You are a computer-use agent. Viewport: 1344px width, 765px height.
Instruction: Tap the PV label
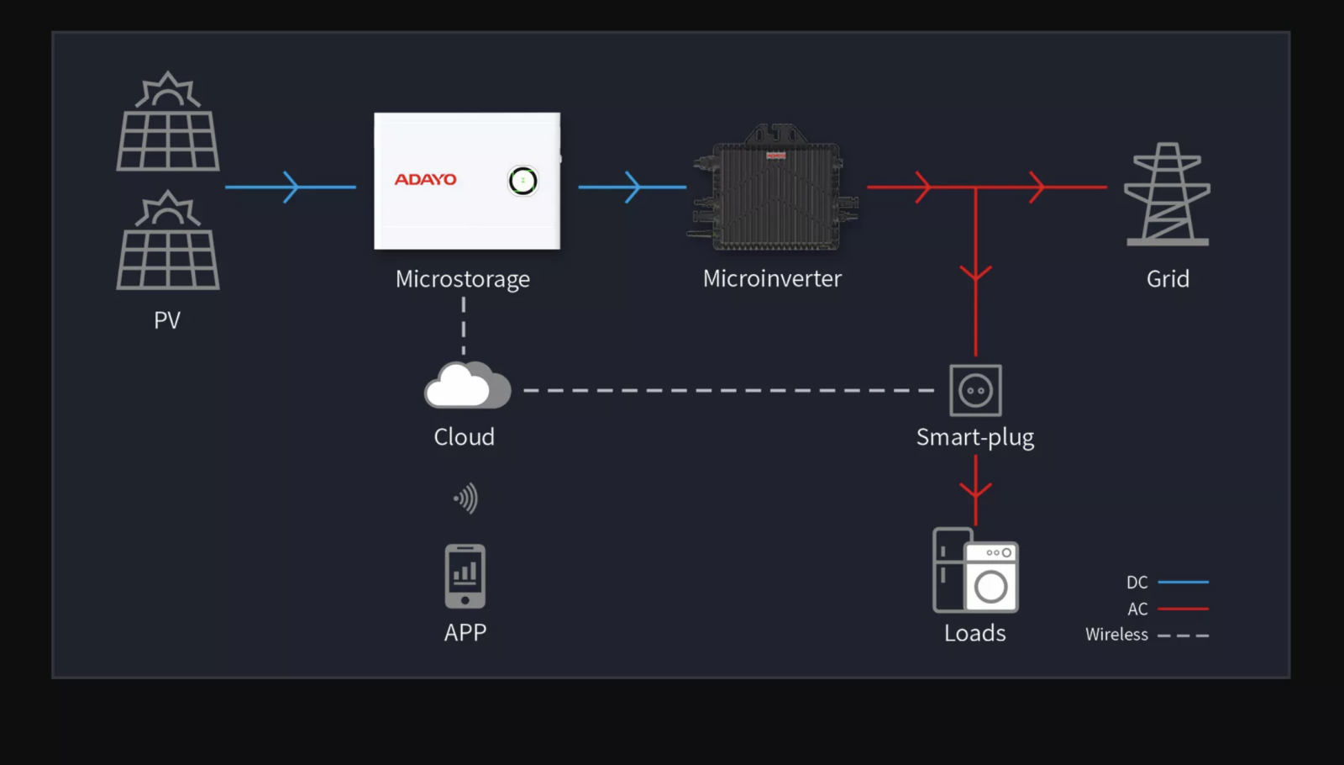tap(167, 320)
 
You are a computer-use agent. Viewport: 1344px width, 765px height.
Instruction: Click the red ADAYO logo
tap(426, 179)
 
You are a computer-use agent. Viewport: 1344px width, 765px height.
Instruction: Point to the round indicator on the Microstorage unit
tap(522, 181)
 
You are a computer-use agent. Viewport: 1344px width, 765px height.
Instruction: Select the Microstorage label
tap(463, 279)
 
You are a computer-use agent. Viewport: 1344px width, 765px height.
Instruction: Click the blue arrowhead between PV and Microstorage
tap(291, 187)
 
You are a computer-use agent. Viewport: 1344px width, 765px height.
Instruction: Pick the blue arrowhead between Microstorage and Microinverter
tap(633, 187)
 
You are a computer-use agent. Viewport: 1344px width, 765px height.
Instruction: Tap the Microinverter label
tap(772, 279)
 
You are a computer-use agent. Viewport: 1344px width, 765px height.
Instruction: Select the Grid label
tap(1168, 279)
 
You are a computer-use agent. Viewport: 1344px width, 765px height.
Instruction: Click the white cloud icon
tap(467, 386)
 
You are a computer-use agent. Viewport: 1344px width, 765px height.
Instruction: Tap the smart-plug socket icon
tap(975, 390)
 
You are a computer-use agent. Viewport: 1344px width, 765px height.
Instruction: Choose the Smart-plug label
tap(975, 438)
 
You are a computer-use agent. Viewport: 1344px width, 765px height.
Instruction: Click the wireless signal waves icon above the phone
tap(466, 499)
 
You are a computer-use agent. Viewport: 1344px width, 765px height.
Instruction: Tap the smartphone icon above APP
tap(465, 576)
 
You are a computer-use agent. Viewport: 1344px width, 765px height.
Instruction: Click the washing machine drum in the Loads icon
tap(991, 587)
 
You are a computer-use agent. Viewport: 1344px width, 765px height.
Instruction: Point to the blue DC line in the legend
tap(1183, 582)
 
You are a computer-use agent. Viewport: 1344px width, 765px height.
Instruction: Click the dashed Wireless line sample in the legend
tap(1183, 636)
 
